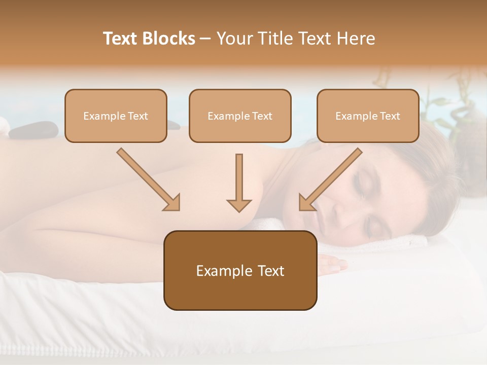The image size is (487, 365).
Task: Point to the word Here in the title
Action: [357, 39]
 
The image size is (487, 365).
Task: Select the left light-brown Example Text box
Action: [116, 116]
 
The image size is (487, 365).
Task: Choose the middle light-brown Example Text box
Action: [240, 116]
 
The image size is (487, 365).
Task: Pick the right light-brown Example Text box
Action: [368, 116]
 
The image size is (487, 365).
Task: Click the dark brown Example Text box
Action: [240, 270]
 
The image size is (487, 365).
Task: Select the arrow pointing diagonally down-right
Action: [149, 179]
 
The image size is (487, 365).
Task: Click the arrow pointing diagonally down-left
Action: [330, 179]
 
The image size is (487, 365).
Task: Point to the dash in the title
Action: [205, 39]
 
